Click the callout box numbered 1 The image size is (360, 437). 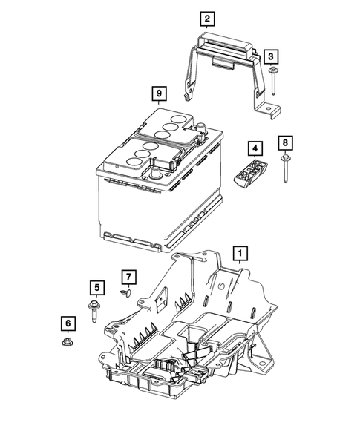tap(239, 254)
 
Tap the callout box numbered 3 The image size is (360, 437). tap(272, 56)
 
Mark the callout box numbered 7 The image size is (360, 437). tap(129, 277)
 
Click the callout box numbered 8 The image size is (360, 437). tap(286, 141)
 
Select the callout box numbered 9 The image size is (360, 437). tap(157, 93)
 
